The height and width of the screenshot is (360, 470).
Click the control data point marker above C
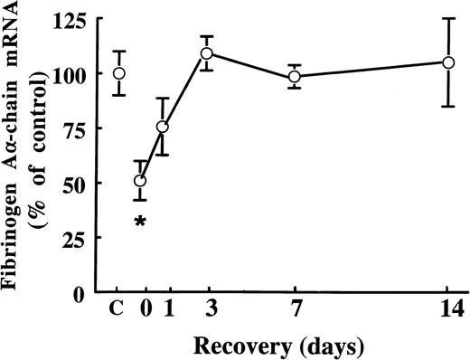click(118, 73)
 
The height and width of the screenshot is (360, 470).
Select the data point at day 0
click(140, 181)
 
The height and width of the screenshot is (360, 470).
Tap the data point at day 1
click(163, 127)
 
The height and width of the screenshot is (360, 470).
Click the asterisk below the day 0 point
click(140, 221)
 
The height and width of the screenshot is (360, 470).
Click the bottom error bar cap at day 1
click(163, 155)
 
